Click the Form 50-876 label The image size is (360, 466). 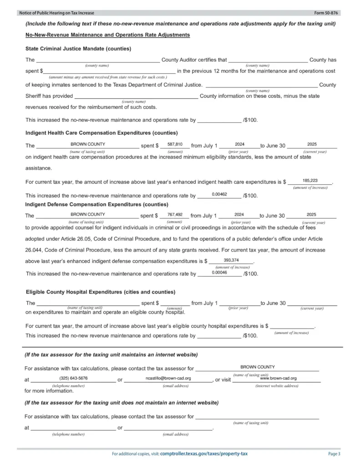(327, 13)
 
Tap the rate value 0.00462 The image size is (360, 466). (219, 194)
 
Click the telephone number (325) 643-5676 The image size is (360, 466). (73, 378)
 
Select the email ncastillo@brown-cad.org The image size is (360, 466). (168, 378)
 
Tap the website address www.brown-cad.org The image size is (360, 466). (278, 378)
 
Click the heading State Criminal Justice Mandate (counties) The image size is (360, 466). (79, 49)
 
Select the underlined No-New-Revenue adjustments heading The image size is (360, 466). (108, 35)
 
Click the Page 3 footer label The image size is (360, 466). (334, 454)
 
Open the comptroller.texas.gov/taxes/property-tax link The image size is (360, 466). (204, 454)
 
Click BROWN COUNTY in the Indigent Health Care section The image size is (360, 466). (88, 144)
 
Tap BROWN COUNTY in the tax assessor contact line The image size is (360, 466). (257, 367)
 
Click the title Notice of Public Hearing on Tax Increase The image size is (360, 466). (54, 13)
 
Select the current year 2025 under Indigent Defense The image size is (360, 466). (311, 214)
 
